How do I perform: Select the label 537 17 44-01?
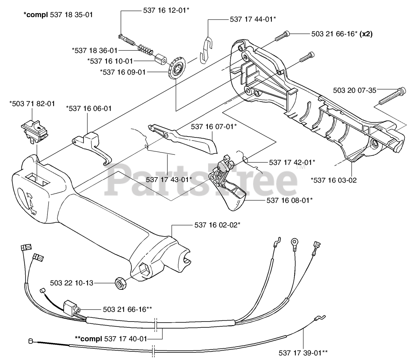click(253, 19)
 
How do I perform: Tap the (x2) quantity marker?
click(366, 34)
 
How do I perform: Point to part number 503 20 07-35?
click(354, 90)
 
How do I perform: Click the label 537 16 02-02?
click(217, 225)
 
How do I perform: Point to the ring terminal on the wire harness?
click(294, 242)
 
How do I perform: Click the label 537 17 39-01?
click(303, 353)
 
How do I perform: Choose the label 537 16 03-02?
click(333, 180)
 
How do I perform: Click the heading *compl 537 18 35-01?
click(58, 15)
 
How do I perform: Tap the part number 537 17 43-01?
click(169, 179)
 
